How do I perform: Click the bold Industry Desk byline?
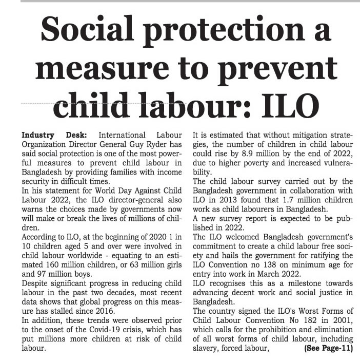pos(49,135)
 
